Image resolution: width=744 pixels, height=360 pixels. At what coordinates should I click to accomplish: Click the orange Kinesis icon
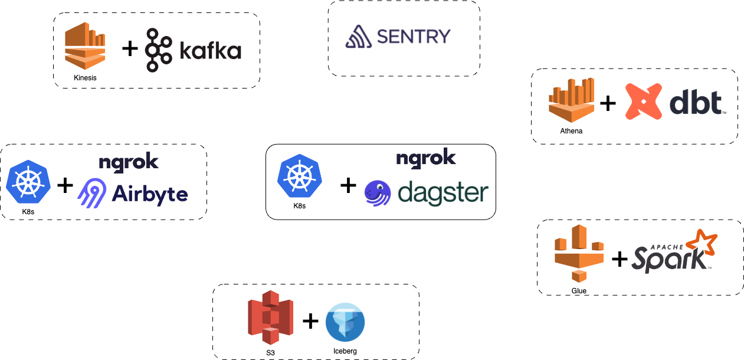[x=85, y=47]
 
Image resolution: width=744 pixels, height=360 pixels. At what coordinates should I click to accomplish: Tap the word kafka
[x=209, y=51]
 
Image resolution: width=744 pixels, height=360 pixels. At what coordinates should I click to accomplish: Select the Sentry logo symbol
[x=358, y=37]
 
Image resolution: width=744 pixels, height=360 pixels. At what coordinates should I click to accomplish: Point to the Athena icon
[x=571, y=102]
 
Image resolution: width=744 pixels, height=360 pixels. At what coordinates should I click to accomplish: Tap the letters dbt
[x=696, y=104]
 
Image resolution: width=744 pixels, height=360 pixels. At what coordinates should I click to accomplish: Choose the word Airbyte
[x=150, y=194]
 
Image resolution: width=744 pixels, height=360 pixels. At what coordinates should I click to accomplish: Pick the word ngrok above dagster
[x=426, y=158]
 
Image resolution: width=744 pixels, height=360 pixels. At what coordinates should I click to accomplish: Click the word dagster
[x=443, y=192]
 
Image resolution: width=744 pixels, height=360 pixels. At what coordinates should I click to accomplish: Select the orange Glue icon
[x=579, y=258]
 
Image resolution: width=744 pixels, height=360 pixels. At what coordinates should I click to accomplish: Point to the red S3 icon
[x=270, y=321]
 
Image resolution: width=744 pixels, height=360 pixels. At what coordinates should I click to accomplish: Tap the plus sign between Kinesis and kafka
[x=130, y=48]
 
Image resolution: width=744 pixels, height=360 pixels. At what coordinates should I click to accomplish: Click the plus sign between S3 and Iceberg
[x=310, y=321]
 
